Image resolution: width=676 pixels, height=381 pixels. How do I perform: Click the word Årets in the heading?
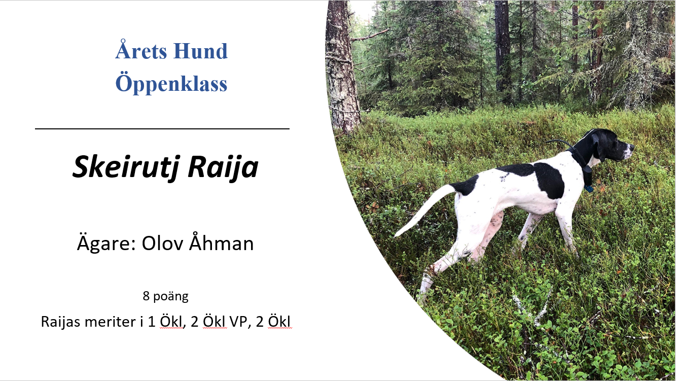coord(141,50)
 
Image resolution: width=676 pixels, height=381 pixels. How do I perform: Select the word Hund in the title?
coord(200,51)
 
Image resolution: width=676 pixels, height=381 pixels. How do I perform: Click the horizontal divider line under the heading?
coord(162,129)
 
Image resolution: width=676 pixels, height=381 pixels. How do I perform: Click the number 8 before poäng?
coord(146,296)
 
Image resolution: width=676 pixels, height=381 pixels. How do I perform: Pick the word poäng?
coord(171,297)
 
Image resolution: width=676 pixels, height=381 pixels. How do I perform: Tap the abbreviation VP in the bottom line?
coord(239,322)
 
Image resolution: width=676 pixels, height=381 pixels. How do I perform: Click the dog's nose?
coord(632,147)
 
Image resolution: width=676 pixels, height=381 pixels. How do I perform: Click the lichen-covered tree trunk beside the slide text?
coord(342,66)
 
